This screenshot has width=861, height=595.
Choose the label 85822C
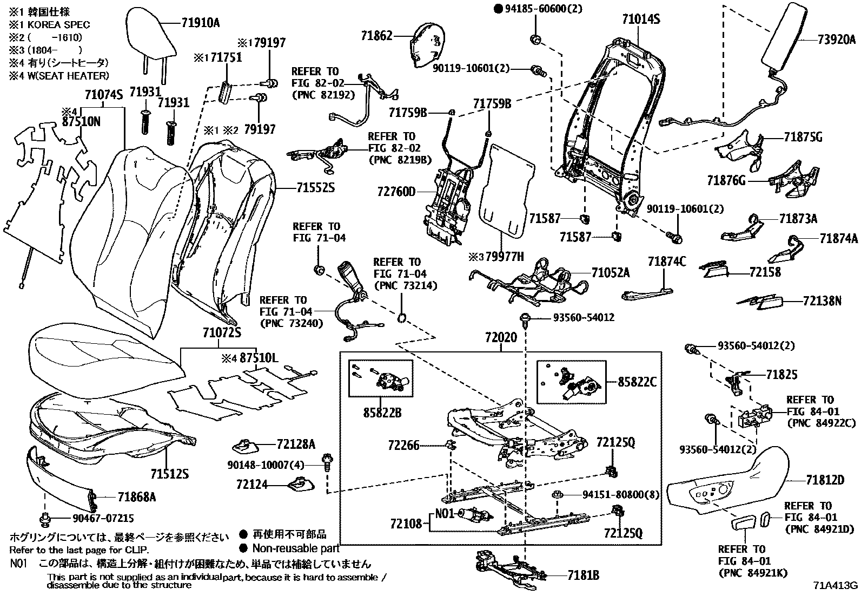tap(637, 382)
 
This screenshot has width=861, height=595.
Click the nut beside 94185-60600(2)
tap(535, 39)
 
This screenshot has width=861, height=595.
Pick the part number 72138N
tap(822, 300)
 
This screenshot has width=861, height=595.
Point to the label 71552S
tap(315, 188)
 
